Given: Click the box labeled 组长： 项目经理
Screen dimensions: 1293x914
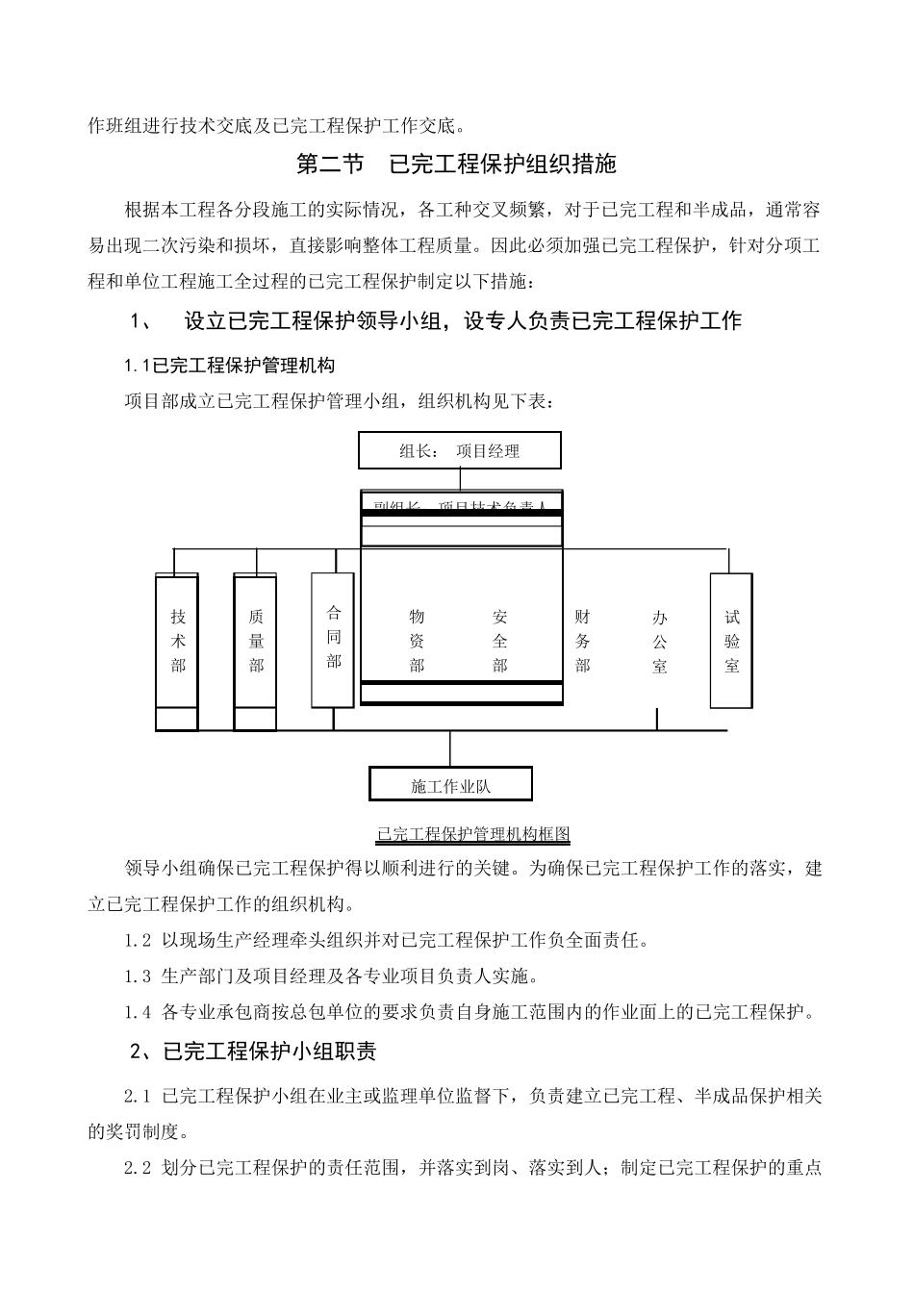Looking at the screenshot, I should [459, 450].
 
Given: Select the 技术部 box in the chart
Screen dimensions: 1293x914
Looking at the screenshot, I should [177, 642].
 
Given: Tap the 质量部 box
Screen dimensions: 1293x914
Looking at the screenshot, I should [255, 642].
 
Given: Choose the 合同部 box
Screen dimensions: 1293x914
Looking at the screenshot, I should [333, 638].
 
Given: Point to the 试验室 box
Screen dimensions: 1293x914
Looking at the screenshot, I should [731, 641].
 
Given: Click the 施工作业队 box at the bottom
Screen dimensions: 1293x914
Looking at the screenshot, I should [450, 785].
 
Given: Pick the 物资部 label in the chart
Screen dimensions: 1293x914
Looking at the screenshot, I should [417, 642].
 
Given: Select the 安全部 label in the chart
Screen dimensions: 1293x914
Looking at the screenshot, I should [499, 642].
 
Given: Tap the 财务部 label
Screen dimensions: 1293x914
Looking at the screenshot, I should [582, 642].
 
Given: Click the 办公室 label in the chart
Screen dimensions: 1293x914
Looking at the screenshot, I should [659, 642].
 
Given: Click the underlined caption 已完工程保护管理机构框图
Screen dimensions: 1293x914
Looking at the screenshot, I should [474, 834].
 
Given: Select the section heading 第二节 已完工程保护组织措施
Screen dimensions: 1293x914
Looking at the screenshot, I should [456, 165].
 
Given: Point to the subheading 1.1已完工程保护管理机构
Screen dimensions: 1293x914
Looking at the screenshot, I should [230, 366].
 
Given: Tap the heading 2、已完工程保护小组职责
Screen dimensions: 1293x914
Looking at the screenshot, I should [253, 1052].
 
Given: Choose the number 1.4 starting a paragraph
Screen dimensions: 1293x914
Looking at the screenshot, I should [138, 1011].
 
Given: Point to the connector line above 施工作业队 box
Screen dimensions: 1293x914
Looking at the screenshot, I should [450, 748].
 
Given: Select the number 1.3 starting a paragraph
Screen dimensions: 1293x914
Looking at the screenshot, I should [138, 976].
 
